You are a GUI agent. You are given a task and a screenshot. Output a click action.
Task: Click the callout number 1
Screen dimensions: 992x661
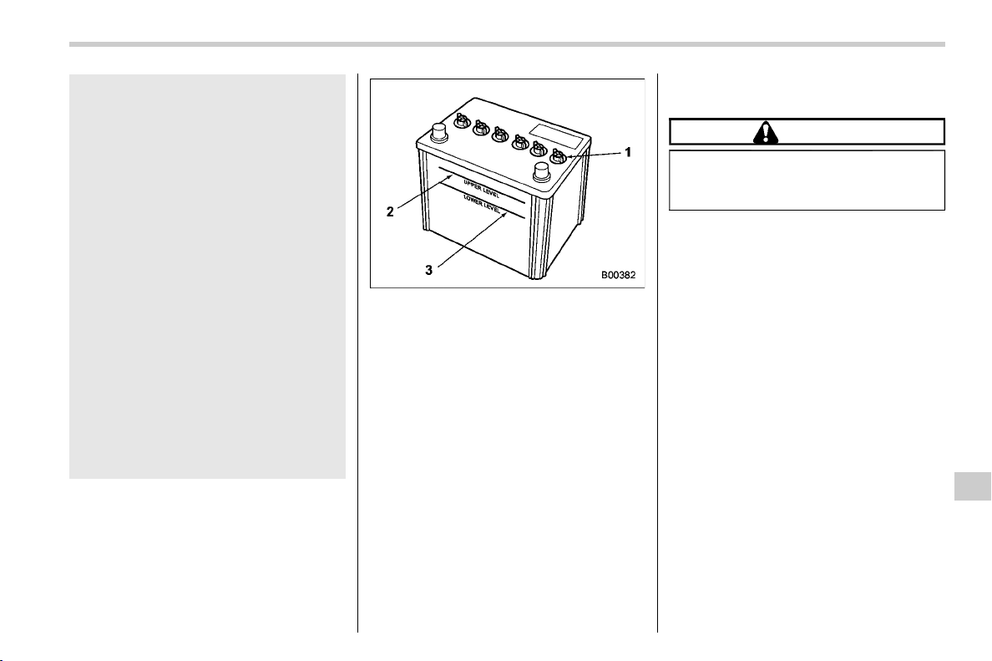628,152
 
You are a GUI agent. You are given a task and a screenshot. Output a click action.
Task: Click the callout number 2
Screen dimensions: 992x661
390,212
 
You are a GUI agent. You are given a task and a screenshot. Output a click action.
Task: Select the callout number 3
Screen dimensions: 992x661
429,271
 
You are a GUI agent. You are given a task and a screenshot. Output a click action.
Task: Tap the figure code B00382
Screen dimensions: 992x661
618,275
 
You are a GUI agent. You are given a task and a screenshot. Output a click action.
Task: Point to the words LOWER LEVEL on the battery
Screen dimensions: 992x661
482,202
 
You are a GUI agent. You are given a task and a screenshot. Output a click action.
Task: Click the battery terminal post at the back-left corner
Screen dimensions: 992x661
438,134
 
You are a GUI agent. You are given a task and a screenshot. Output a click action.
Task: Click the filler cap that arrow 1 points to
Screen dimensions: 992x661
557,155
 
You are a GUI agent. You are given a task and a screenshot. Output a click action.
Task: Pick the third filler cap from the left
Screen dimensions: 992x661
500,135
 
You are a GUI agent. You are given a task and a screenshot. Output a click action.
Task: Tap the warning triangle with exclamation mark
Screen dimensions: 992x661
766,132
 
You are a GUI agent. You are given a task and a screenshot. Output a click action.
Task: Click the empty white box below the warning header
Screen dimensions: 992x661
807,180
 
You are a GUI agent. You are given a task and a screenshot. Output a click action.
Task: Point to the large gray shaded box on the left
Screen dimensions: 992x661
208,277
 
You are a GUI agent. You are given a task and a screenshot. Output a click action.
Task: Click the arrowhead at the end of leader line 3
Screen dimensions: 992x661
506,214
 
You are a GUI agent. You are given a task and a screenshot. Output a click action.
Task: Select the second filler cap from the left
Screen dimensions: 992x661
482,128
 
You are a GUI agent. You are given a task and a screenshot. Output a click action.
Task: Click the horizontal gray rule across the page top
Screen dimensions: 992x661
507,44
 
